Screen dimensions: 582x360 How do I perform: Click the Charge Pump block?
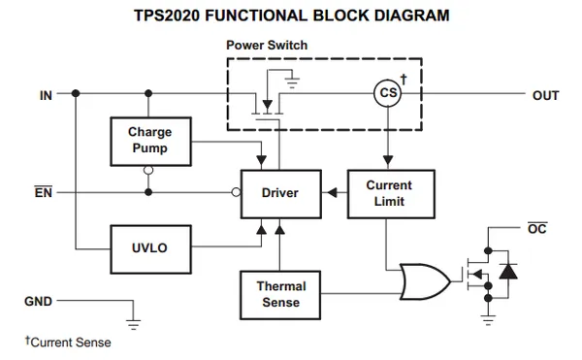150,142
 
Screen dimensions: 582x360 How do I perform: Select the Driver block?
281,194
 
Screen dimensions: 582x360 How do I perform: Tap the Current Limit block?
391,194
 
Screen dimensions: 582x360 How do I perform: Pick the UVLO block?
150,249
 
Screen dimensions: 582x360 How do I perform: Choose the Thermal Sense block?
280,295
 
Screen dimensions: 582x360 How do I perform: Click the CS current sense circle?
388,93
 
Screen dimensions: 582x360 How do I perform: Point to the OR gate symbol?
425,281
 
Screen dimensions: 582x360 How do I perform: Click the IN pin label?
46,95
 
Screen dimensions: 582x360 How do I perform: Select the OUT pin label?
545,95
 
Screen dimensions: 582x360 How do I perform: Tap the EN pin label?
44,192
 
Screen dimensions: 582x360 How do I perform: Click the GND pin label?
38,301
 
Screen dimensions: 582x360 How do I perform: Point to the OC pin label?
537,228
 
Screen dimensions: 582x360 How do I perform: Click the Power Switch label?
267,45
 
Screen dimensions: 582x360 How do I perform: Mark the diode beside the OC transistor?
508,272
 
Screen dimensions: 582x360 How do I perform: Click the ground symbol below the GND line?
133,324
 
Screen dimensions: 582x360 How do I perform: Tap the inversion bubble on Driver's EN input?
236,192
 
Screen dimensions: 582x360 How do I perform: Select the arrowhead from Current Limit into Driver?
332,193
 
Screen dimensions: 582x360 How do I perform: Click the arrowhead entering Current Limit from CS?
388,160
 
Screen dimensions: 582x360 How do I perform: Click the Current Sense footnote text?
68,342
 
